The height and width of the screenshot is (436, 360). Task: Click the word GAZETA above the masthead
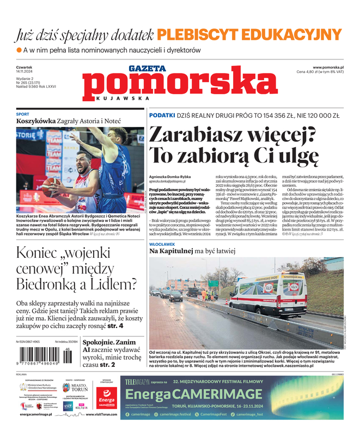coord(147,69)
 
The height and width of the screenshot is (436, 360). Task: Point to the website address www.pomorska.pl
coord(332,66)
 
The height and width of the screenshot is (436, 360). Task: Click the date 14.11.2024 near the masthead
coord(26,71)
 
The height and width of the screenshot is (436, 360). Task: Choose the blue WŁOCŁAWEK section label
coord(166,244)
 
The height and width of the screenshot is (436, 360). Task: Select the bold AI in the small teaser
coord(87,350)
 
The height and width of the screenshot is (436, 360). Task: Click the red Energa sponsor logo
coord(107,400)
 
